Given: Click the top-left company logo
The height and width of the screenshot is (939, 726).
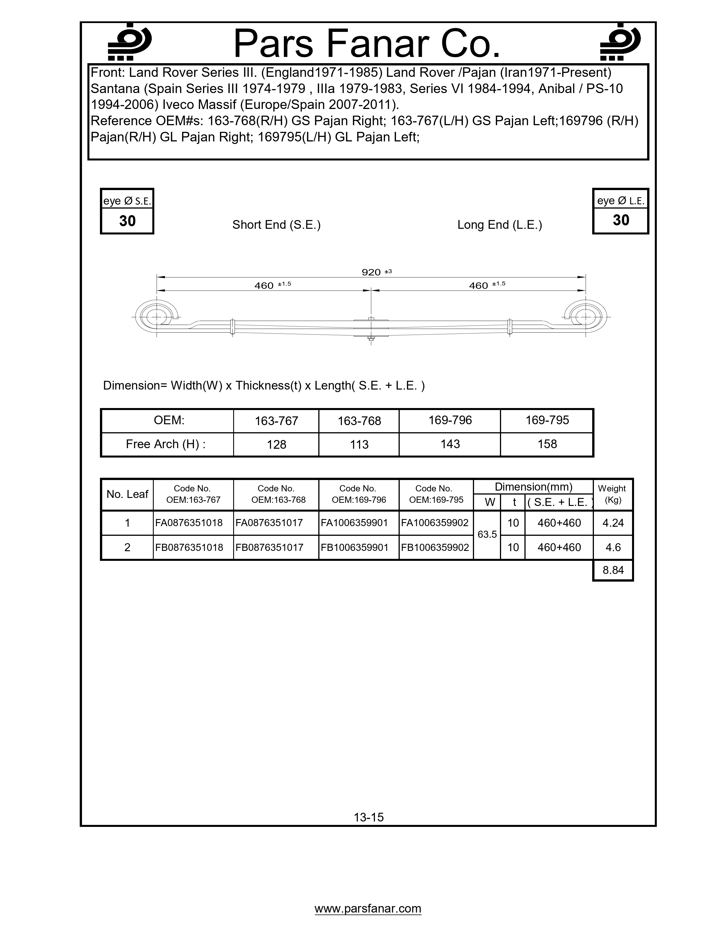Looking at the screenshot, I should [128, 42].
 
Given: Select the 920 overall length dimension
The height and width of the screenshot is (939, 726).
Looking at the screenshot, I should [372, 272].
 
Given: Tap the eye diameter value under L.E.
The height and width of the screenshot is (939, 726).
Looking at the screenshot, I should [621, 220].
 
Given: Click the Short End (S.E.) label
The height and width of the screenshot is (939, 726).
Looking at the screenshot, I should [276, 225].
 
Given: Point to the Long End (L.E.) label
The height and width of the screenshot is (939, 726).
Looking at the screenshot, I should [499, 225].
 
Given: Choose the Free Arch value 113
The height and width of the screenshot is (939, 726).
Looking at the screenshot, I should [359, 444].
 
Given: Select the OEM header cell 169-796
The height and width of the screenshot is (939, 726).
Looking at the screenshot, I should [450, 420].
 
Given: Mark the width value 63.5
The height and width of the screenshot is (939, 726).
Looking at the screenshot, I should [487, 534].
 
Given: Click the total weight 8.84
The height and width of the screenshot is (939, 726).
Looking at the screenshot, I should [613, 570].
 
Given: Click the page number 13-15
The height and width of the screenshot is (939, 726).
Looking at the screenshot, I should [369, 817].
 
